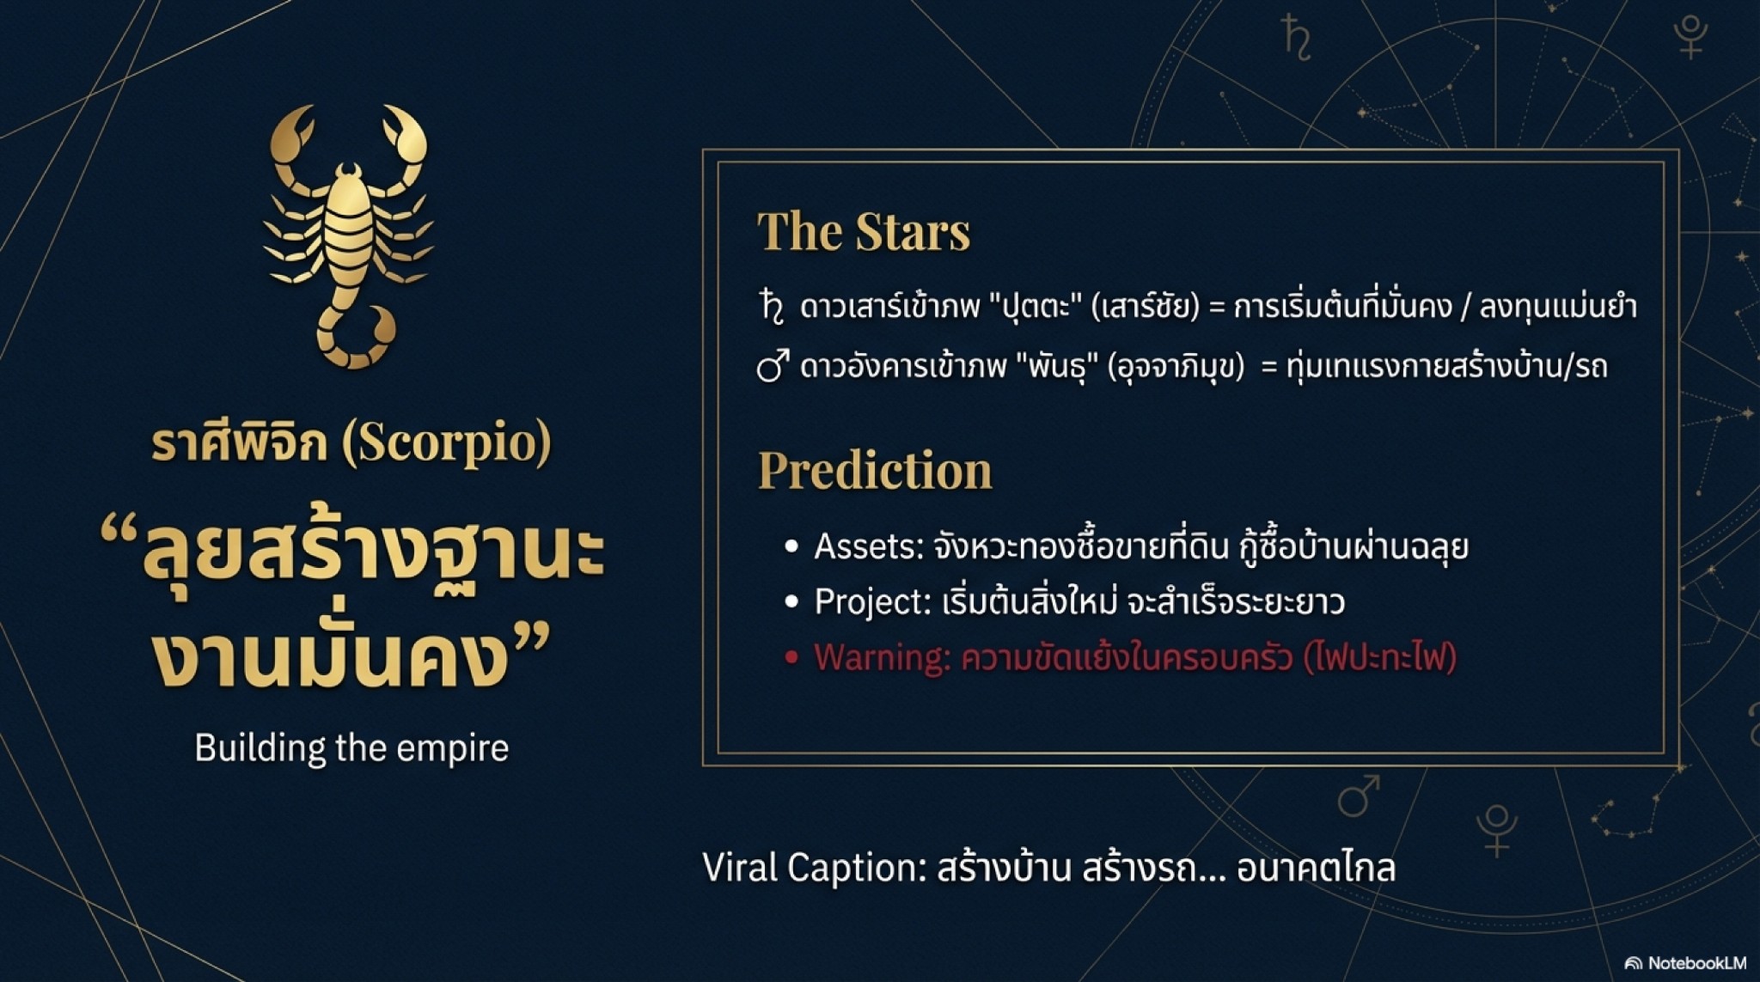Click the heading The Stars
click(x=863, y=232)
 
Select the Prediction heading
click(x=875, y=471)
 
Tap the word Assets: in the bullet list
click(x=869, y=546)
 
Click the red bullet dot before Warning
click(x=791, y=658)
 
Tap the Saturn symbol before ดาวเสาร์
click(x=772, y=307)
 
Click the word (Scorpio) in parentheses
click(x=446, y=443)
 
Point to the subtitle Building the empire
click(x=351, y=747)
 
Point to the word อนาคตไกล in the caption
click(x=1316, y=868)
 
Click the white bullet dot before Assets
click(x=791, y=547)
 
